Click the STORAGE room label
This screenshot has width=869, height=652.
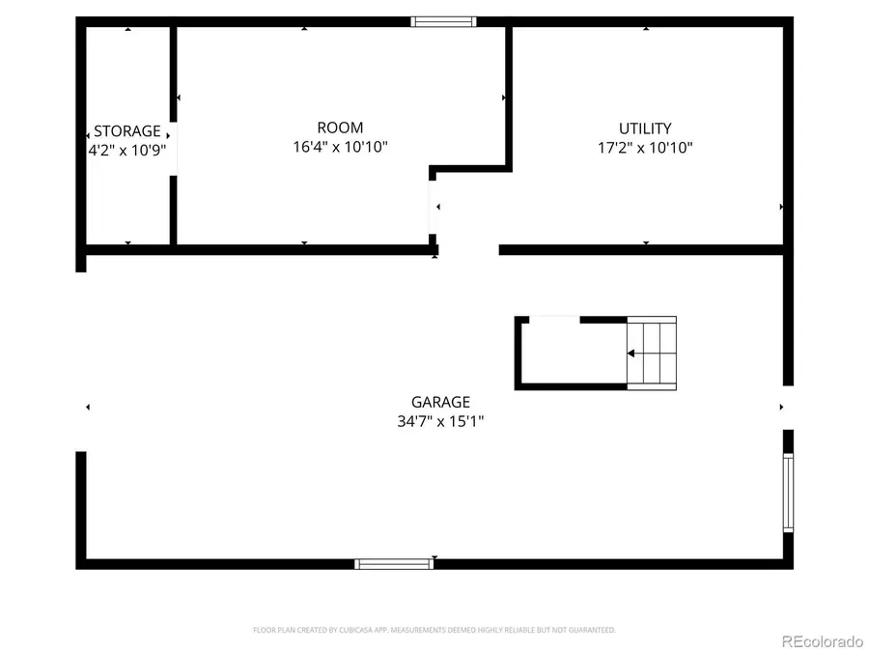coord(127,131)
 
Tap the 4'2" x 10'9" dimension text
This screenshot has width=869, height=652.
coord(127,150)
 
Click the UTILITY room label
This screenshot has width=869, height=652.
coord(645,128)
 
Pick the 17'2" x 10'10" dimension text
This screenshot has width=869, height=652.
coord(645,148)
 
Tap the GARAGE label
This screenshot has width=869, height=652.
coord(440,402)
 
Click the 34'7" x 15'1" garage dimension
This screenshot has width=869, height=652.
coord(440,421)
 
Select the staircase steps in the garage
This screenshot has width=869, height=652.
coord(652,353)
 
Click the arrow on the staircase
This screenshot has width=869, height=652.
coord(631,354)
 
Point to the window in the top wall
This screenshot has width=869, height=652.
coord(443,21)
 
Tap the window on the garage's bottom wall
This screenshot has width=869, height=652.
coord(392,563)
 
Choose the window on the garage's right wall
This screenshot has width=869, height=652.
coord(788,493)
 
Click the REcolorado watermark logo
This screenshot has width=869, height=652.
coord(822,639)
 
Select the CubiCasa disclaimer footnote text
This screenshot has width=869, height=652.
coord(434,630)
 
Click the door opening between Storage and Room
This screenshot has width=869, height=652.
coord(173,149)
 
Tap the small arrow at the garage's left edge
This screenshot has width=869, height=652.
coord(88,408)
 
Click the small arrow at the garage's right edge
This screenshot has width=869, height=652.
coord(781,408)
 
